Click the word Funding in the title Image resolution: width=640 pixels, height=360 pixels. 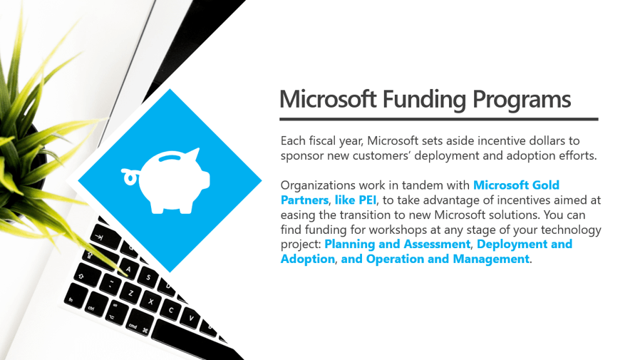(424, 100)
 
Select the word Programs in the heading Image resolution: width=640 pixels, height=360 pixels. (522, 100)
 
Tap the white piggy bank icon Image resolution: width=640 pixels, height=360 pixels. (166, 180)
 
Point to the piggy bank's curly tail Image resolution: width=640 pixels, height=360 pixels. (130, 176)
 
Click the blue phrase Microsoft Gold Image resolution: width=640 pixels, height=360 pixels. (516, 185)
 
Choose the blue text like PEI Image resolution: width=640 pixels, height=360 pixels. (356, 200)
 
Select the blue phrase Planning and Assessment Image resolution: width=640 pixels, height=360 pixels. (397, 244)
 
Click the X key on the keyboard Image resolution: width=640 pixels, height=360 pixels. (150, 302)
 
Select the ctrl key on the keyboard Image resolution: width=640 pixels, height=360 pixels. (93, 305)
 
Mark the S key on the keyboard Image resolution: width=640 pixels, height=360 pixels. (148, 278)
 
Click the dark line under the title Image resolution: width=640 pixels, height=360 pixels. (439, 119)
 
